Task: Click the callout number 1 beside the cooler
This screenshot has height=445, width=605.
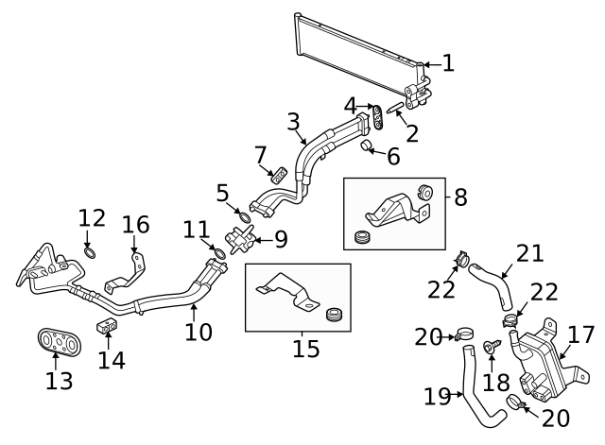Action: click(447, 63)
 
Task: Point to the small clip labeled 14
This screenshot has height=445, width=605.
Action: click(106, 326)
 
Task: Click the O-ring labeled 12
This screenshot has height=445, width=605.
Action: click(90, 252)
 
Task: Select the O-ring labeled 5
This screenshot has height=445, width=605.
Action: click(243, 219)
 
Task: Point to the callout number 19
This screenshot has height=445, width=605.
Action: click(438, 398)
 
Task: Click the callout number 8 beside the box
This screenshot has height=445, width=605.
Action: click(460, 197)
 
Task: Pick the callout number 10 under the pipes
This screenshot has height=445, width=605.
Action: click(198, 332)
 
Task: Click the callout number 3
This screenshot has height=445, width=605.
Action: click(293, 122)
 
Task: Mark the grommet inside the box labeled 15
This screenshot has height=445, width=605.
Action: click(332, 313)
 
